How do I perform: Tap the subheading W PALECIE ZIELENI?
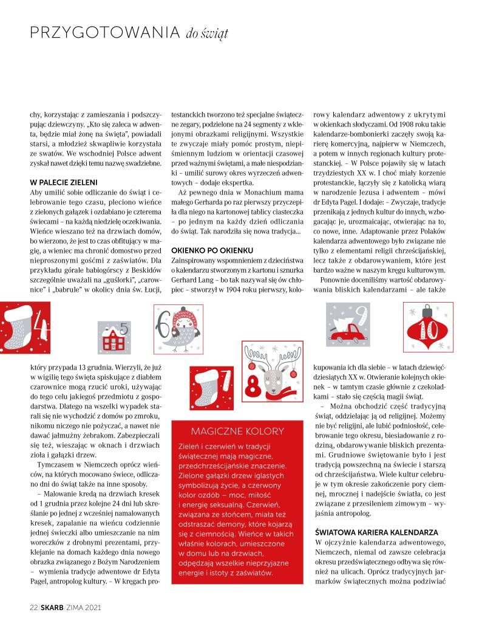click(x=64, y=182)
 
